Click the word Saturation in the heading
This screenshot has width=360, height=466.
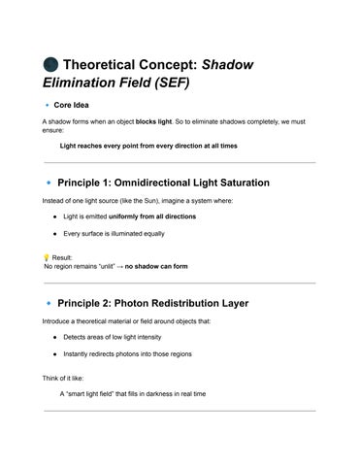click(263, 182)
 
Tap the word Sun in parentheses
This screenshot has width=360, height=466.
click(177, 200)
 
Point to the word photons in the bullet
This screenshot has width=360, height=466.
click(126, 354)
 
